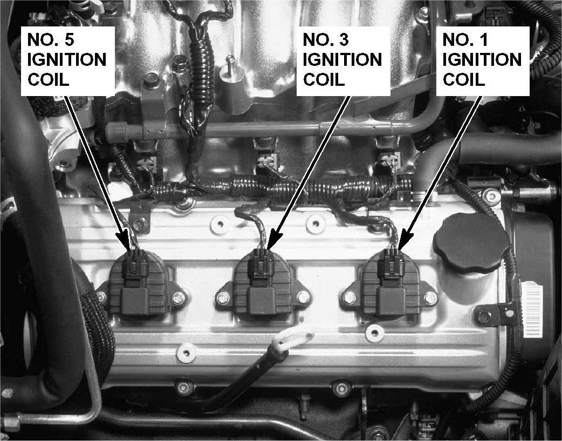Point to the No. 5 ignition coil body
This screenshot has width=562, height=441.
tap(138, 283)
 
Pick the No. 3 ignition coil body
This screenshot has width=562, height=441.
tap(262, 283)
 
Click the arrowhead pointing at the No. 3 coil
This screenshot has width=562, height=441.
tap(274, 240)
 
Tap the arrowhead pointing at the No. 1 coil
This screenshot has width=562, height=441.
tap(405, 240)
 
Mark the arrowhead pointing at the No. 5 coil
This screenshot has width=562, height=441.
tap(124, 240)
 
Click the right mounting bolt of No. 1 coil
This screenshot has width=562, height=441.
tap(430, 297)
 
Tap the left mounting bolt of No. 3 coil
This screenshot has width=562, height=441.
tap(223, 297)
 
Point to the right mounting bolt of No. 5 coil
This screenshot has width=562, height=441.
tap(179, 297)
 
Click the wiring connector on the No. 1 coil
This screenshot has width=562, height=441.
tap(391, 263)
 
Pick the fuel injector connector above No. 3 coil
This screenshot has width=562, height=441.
tap(268, 160)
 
